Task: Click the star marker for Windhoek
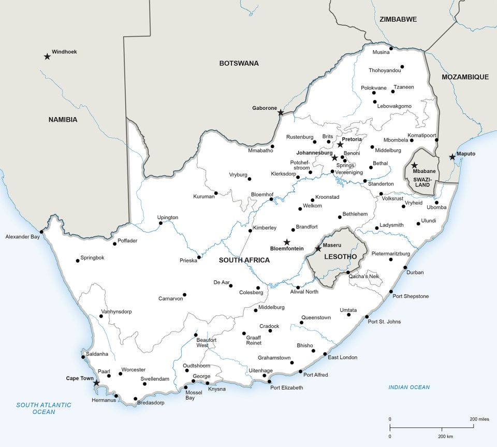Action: [x=47, y=56]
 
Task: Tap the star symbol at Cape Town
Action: [x=96, y=383]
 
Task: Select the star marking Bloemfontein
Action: [x=287, y=242]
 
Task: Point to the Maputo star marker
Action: [x=452, y=156]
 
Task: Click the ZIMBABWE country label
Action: [x=398, y=19]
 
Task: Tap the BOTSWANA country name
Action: [x=239, y=63]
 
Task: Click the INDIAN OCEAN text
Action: [x=409, y=387]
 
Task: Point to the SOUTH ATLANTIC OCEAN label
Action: [x=43, y=408]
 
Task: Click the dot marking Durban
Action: [x=405, y=267]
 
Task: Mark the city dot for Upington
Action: [x=160, y=223]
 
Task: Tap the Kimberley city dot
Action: [x=250, y=230]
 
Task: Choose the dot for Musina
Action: [x=391, y=49]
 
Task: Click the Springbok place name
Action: [x=93, y=257]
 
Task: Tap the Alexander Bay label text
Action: [x=22, y=237]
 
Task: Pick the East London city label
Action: [x=342, y=357]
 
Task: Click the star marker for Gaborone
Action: [x=281, y=112]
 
